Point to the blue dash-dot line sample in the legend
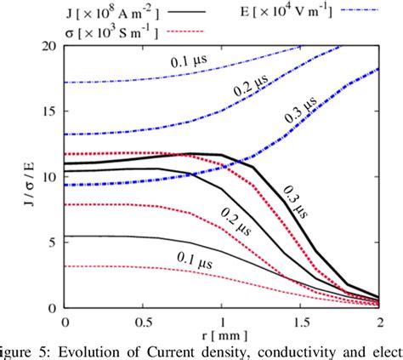pyautogui.click(x=361, y=13)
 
